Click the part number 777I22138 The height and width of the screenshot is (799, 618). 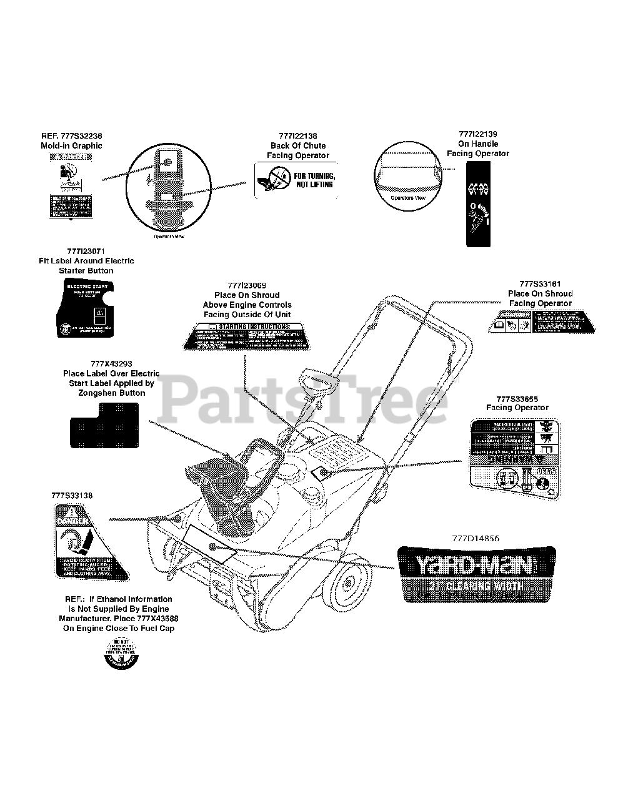pyautogui.click(x=298, y=136)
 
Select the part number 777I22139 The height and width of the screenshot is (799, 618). pyautogui.click(x=477, y=134)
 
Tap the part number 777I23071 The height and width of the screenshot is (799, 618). pyautogui.click(x=86, y=251)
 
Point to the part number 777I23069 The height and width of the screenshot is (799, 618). pyautogui.click(x=247, y=285)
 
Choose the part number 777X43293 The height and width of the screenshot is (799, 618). pyautogui.click(x=111, y=363)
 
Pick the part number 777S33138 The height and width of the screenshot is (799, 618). pyautogui.click(x=72, y=495)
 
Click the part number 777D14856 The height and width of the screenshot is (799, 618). pyautogui.click(x=477, y=537)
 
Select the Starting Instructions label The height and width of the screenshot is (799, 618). pyautogui.click(x=244, y=336)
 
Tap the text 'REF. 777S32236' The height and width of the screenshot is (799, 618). pyautogui.click(x=71, y=135)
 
